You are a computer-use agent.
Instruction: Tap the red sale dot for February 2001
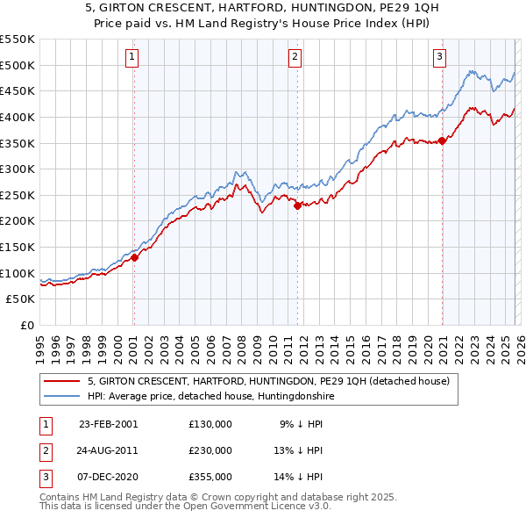[x=135, y=258]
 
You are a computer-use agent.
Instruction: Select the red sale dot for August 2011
[x=297, y=206]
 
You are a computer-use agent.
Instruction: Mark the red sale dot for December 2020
[x=442, y=140]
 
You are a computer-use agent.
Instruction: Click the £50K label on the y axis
[x=21, y=299]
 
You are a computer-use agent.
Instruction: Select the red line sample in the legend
[x=62, y=381]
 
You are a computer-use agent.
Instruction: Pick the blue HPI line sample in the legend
[x=62, y=397]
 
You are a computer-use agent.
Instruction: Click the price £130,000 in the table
[x=210, y=423]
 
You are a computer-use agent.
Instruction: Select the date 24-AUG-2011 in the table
[x=108, y=450]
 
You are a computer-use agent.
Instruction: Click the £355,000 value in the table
[x=210, y=477]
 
